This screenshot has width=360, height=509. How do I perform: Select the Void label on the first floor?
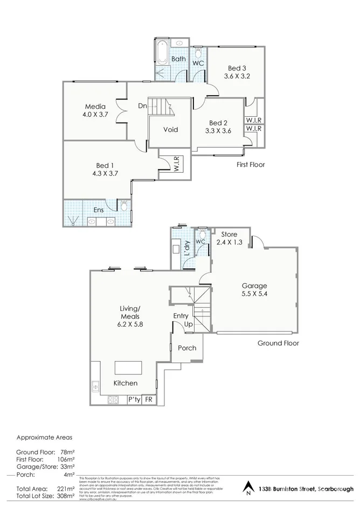pos(170,130)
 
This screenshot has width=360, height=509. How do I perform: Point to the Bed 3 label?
pos(237,68)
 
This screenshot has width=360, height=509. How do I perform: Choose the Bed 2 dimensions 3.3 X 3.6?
pos(218,130)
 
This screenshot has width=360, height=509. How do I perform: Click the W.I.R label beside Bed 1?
pos(176,164)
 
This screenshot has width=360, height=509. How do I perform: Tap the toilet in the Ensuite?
pos(123,206)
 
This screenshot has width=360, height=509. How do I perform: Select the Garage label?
pos(254,286)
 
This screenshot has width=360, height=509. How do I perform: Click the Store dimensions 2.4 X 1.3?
pos(229,243)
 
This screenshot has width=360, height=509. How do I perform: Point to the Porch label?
pos(187,348)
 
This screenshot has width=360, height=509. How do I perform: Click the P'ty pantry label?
pos(133,400)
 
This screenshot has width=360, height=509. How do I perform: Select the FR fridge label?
pos(149,400)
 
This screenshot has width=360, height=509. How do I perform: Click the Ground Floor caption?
pos(278,343)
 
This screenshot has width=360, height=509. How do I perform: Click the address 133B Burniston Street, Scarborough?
pos(306,489)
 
